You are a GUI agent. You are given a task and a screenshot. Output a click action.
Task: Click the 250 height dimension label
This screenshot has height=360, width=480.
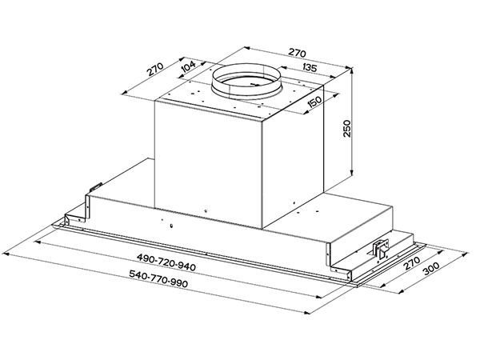click(x=346, y=129)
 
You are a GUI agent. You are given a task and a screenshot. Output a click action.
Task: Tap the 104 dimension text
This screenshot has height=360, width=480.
click(x=188, y=66)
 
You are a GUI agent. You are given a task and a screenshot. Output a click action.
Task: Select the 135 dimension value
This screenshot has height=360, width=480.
click(x=310, y=67)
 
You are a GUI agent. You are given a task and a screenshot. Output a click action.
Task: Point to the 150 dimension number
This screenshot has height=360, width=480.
click(x=314, y=102)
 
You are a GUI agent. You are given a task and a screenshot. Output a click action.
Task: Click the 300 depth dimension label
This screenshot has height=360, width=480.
click(x=431, y=269)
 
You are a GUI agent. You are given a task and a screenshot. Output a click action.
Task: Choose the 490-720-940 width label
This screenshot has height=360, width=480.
click(x=166, y=262)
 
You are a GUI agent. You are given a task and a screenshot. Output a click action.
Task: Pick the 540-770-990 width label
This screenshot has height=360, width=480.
click(x=158, y=278)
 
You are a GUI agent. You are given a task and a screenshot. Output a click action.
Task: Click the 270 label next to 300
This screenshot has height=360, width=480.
click(x=412, y=263)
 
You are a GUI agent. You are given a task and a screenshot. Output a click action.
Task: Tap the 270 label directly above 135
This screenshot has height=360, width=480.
click(x=297, y=53)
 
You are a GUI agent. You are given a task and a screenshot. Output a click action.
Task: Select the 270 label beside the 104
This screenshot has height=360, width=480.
click(x=155, y=70)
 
